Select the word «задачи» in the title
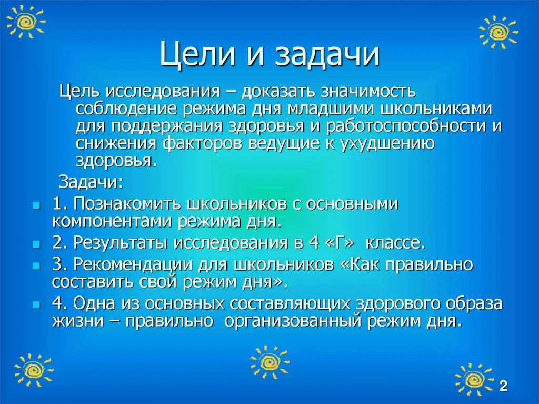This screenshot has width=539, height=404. click(327, 55)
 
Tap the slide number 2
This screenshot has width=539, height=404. click(503, 386)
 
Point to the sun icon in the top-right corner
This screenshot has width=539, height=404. click(498, 32)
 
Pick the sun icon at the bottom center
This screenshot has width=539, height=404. click(270, 362)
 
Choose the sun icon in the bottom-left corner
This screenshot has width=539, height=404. click(34, 370)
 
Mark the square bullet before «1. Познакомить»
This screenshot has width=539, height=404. click(36, 206)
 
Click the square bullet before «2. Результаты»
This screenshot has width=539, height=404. click(36, 244)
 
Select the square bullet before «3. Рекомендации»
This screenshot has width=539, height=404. click(36, 266)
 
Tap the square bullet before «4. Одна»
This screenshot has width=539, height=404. click(36, 305)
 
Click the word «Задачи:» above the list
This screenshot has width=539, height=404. click(91, 182)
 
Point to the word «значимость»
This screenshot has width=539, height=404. click(368, 91)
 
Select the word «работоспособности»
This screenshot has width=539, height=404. click(406, 126)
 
